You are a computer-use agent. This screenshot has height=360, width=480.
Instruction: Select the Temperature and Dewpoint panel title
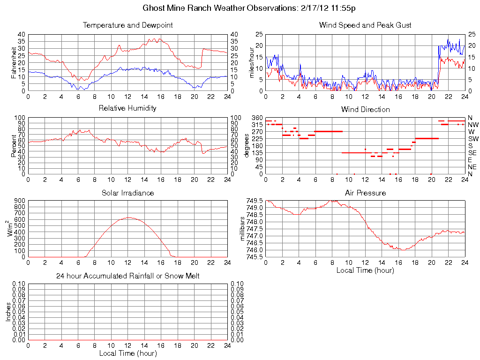(x=127, y=25)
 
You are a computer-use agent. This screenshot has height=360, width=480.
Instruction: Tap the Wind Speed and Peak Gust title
(x=365, y=25)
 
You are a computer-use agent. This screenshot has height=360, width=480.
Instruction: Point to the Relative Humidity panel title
(x=127, y=108)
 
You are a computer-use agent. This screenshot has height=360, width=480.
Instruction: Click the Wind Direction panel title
(x=365, y=109)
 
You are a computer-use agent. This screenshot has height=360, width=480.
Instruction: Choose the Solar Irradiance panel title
(x=127, y=193)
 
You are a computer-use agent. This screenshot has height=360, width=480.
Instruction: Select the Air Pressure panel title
(x=365, y=193)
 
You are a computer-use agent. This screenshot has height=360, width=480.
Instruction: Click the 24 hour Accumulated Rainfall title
(x=127, y=276)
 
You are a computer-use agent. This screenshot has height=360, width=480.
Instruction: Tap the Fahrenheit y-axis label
(x=14, y=62)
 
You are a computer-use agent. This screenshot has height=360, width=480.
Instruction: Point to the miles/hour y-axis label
(x=252, y=62)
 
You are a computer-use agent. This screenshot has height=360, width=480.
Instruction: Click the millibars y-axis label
(x=242, y=229)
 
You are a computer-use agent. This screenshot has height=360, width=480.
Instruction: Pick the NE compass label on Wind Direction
(x=472, y=167)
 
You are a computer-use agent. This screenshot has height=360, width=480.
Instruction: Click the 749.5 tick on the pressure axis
(x=255, y=201)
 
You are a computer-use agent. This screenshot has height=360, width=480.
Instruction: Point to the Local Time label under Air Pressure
(x=365, y=270)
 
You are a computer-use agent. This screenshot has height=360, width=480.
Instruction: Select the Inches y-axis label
(x=8, y=312)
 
